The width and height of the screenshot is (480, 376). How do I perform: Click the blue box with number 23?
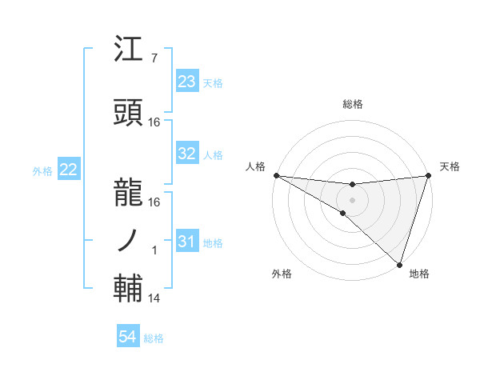(187, 82)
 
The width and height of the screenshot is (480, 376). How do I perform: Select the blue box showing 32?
(187, 154)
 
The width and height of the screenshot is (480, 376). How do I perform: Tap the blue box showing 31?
(187, 242)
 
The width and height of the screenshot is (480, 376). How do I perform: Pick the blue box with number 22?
(68, 170)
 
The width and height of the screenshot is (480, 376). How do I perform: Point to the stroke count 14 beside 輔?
(154, 298)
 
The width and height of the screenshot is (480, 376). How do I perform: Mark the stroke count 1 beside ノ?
(154, 250)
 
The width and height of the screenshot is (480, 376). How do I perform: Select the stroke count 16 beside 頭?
(154, 122)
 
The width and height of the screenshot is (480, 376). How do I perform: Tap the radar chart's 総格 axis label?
(353, 104)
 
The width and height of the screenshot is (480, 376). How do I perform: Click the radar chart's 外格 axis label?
(282, 274)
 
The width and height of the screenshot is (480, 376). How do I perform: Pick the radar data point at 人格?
(276, 175)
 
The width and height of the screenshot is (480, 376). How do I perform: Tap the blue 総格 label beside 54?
(154, 338)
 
